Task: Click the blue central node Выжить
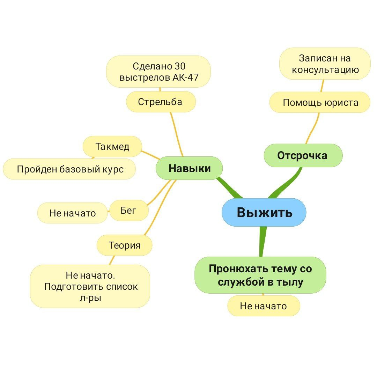[264, 212]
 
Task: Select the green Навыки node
[189, 168]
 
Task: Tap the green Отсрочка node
[303, 155]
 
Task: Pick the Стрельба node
[160, 102]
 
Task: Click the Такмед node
[112, 146]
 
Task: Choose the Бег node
[128, 210]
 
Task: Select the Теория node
[125, 245]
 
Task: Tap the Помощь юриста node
[320, 102]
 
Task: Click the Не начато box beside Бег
[72, 213]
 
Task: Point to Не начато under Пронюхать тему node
[264, 306]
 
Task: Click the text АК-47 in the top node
[185, 77]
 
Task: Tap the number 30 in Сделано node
[179, 66]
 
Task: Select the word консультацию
[325, 69]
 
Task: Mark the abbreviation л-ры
[90, 298]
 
